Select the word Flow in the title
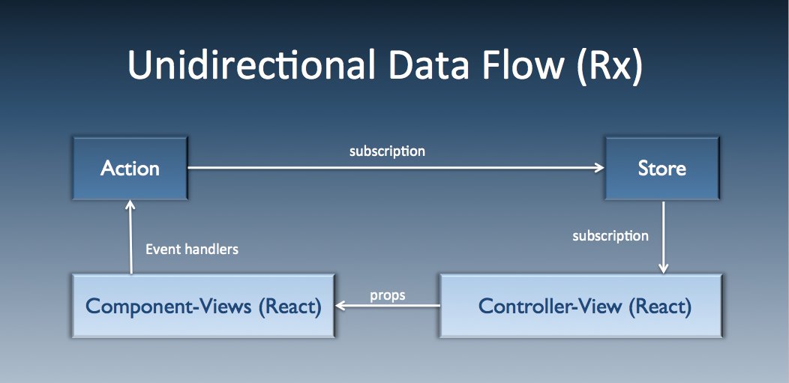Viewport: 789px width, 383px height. tap(520, 66)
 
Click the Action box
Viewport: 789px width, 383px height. tap(130, 168)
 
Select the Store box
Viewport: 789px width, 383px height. tap(661, 168)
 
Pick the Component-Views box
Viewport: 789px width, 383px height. tap(203, 306)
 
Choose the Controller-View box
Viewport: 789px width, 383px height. tap(581, 306)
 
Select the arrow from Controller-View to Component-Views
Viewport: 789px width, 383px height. tap(387, 306)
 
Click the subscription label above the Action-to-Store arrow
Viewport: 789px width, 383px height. tap(387, 151)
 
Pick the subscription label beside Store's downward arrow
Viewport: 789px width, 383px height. tap(610, 236)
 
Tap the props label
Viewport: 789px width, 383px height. tap(387, 295)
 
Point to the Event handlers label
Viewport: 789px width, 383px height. tap(191, 250)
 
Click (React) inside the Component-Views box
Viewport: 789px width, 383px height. tap(287, 307)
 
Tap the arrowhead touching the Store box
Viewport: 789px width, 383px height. tap(599, 168)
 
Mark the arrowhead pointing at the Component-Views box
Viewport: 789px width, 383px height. tap(341, 306)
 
